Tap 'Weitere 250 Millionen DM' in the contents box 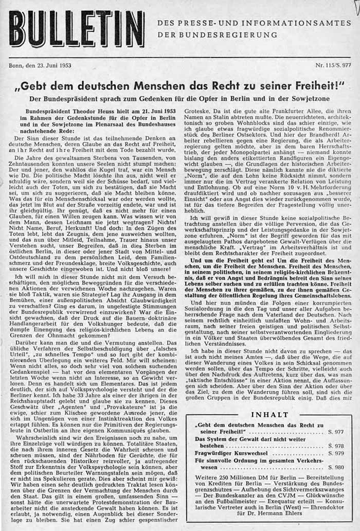(x=232, y=477)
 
